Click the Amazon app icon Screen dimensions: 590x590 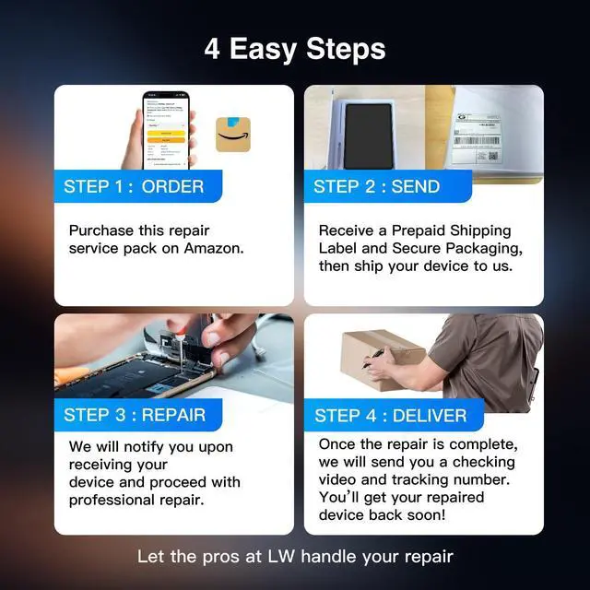[233, 135]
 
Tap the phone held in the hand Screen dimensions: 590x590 [166, 130]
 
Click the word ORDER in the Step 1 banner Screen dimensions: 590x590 [172, 186]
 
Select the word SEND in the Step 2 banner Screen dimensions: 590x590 [416, 186]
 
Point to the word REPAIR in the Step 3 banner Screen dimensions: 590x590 [174, 415]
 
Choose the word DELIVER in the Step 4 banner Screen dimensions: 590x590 [430, 416]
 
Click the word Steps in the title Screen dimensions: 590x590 [346, 49]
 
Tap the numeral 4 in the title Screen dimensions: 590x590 [212, 49]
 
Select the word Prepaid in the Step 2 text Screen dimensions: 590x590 [419, 230]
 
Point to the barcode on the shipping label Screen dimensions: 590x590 [477, 141]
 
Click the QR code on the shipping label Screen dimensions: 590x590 [492, 156]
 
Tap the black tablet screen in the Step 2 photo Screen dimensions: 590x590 [368, 136]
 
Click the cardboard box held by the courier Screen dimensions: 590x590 [383, 360]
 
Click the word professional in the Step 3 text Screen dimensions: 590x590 [112, 501]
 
